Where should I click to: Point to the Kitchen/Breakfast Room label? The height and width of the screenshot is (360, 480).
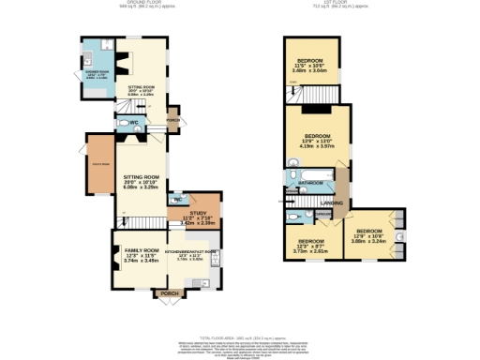point(191,252)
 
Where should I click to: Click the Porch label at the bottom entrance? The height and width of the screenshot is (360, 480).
point(169,293)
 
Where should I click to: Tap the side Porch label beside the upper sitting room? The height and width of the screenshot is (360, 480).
point(172,120)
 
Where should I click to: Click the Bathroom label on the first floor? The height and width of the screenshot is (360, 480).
point(310,182)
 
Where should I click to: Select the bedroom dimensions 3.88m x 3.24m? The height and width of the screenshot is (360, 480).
point(368,241)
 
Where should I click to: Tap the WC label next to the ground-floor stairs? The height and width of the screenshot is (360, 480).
point(135,123)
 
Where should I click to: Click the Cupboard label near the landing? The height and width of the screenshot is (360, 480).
point(322,215)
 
